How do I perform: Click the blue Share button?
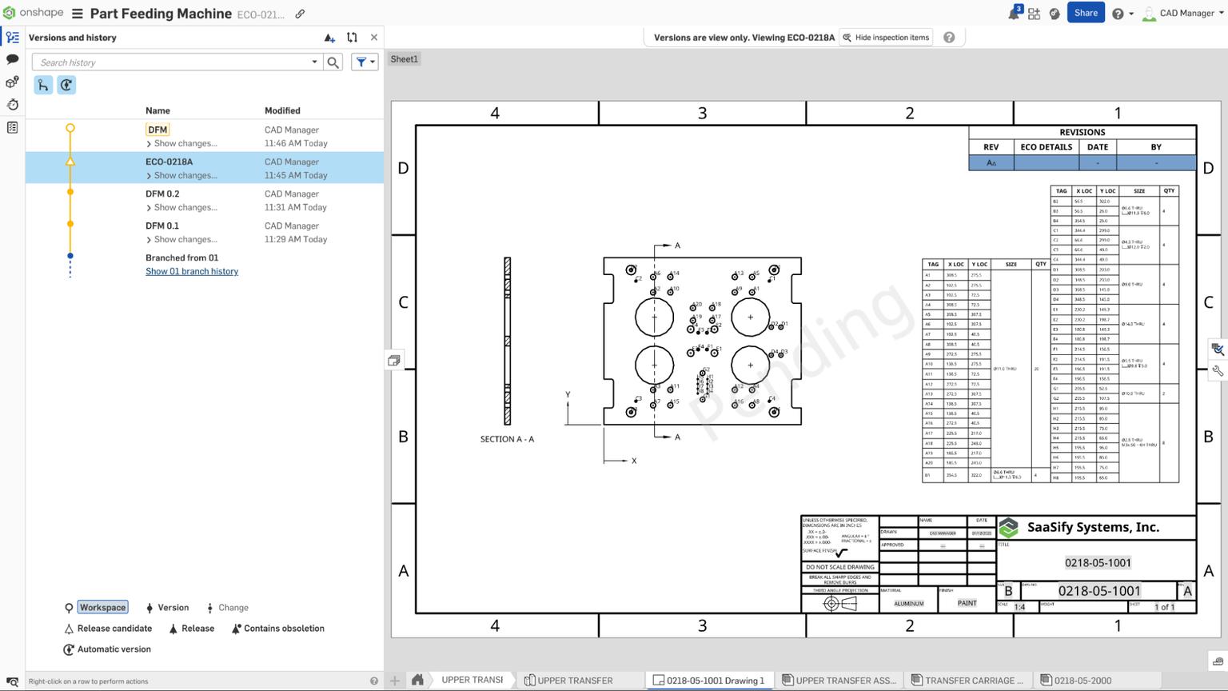click(1085, 13)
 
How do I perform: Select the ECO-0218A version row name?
click(169, 162)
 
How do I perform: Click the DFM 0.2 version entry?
click(162, 194)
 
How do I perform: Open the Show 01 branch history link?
click(192, 271)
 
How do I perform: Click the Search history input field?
click(172, 62)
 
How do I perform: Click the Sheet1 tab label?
click(404, 59)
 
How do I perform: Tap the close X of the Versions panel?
click(374, 38)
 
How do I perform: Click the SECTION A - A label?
click(507, 439)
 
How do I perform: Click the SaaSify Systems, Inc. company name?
click(1092, 527)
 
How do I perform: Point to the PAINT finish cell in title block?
click(967, 603)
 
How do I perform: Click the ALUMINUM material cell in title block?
click(908, 604)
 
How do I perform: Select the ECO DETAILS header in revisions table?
click(1046, 147)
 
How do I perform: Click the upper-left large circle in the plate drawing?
click(654, 317)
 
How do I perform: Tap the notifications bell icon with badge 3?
click(1013, 14)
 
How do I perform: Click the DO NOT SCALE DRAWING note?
click(839, 567)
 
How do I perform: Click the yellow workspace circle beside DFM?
click(70, 128)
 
